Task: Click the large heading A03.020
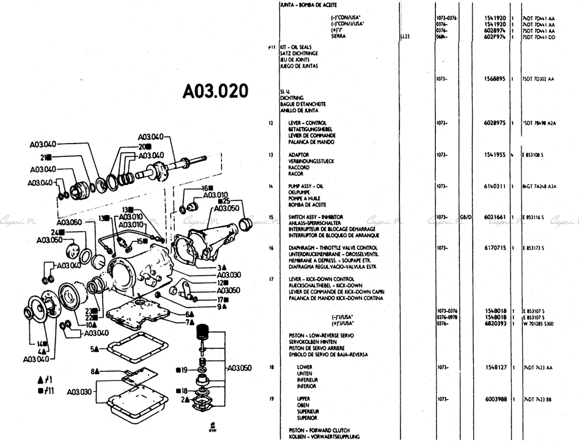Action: pyautogui.click(x=215, y=91)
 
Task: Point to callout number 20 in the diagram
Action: pyautogui.click(x=141, y=147)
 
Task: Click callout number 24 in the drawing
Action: pyautogui.click(x=54, y=232)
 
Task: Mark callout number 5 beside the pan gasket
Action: pyautogui.click(x=94, y=349)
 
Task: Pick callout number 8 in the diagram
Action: pyautogui.click(x=94, y=371)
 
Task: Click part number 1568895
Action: pyautogui.click(x=493, y=79)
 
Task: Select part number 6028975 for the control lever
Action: pyautogui.click(x=493, y=123)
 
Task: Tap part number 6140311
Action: pyautogui.click(x=493, y=185)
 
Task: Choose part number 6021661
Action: pyautogui.click(x=493, y=216)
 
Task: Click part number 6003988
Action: pyautogui.click(x=493, y=398)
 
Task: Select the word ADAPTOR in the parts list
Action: pyautogui.click(x=299, y=155)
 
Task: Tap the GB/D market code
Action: pyautogui.click(x=465, y=216)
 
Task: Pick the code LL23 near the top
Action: pyautogui.click(x=404, y=37)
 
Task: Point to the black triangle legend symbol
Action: pyautogui.click(x=40, y=379)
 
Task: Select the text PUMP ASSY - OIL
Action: pyautogui.click(x=309, y=185)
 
